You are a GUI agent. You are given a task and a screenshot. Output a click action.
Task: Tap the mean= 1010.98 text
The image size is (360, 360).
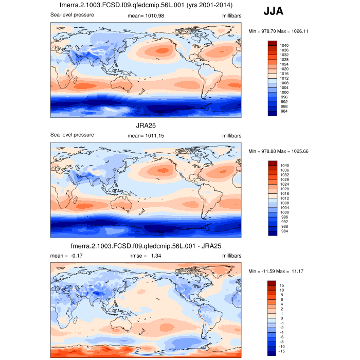145,15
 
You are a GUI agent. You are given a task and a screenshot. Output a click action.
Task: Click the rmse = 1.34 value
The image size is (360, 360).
146,256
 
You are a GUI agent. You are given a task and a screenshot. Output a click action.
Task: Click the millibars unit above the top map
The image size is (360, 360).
231,15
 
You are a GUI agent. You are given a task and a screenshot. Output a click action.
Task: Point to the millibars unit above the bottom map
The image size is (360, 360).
231,256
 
